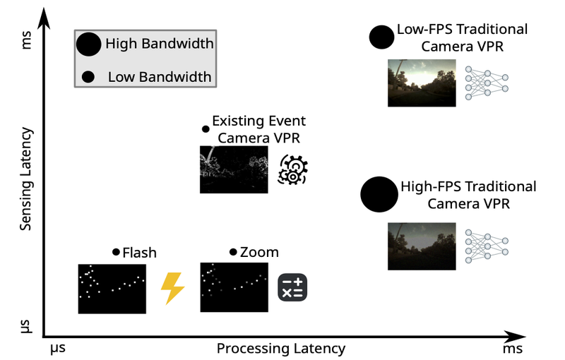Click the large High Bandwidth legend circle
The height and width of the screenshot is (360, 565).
(89, 44)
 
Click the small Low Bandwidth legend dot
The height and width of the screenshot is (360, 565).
(89, 76)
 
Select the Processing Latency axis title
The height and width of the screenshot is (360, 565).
(280, 349)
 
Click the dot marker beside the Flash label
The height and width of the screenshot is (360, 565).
(117, 252)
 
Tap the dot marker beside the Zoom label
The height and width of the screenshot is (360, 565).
(233, 252)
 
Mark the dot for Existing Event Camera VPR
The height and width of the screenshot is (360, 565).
(206, 129)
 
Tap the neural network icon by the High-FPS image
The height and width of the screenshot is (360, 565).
(487, 246)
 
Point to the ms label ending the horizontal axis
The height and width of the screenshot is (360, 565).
(513, 348)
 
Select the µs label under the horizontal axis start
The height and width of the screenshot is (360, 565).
(58, 348)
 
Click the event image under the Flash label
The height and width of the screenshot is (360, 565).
(112, 288)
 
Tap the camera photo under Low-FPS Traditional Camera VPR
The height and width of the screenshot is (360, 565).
(421, 83)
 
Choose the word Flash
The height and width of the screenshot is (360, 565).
(139, 252)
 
